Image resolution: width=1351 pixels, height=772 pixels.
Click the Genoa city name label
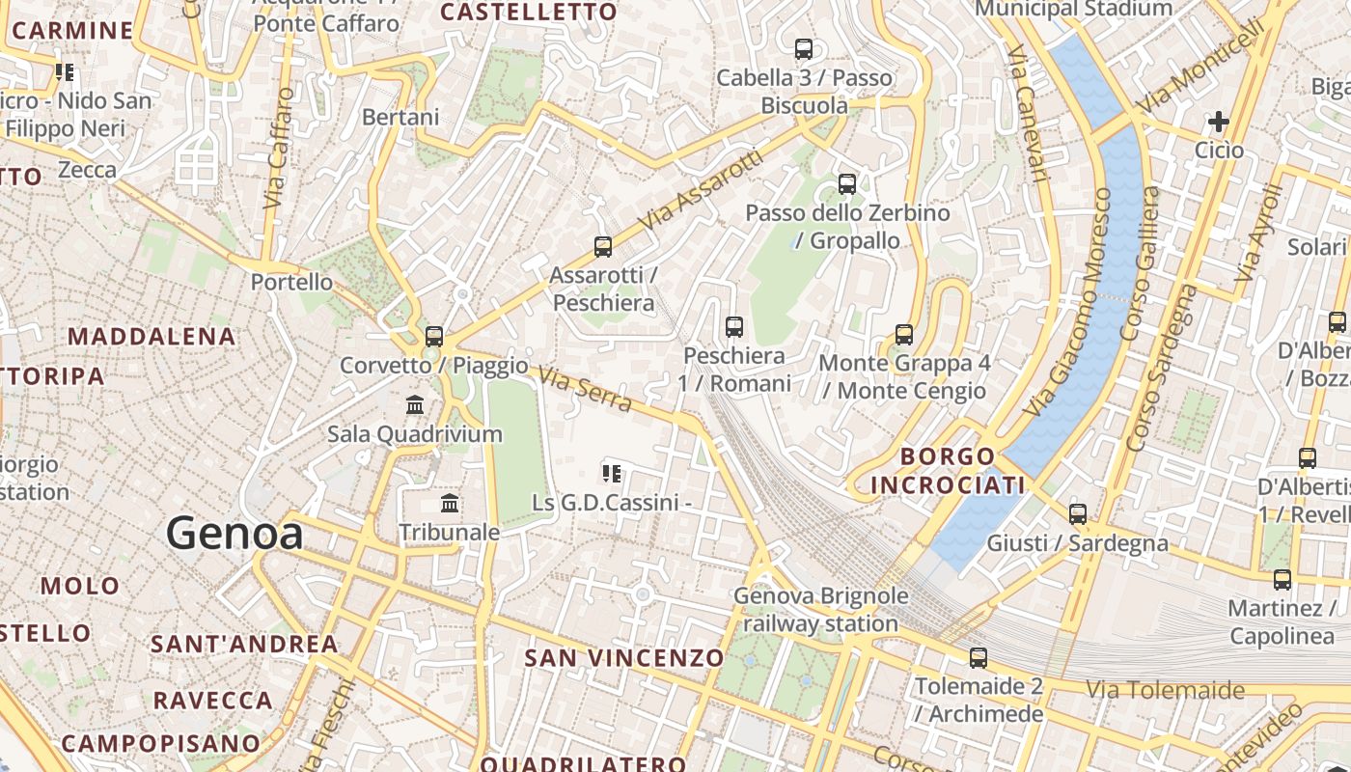click(234, 533)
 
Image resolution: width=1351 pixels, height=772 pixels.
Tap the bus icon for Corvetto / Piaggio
click(434, 336)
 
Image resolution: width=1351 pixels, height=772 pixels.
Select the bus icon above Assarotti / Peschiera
click(603, 246)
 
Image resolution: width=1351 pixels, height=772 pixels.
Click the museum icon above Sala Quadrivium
click(415, 404)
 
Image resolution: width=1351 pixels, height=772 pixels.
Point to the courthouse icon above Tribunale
click(450, 503)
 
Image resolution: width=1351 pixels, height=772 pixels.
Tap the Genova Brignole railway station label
click(820, 609)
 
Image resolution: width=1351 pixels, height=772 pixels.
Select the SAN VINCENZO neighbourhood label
click(623, 658)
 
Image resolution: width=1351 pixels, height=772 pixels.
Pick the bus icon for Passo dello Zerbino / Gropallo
click(847, 183)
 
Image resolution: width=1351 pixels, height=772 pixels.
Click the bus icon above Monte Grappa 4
click(904, 334)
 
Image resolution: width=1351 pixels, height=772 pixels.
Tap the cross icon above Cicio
click(1219, 122)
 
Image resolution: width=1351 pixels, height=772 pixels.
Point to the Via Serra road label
click(585, 389)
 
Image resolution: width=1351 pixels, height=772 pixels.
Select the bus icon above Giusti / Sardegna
click(1078, 513)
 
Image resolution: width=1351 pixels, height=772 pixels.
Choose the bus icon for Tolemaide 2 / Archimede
click(979, 658)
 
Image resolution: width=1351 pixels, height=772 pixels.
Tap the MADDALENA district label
click(152, 337)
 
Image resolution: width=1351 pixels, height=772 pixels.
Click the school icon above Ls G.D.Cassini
click(612, 473)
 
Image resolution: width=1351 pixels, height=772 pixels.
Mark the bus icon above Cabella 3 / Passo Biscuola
click(804, 48)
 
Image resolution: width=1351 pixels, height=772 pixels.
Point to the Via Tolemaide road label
click(1166, 690)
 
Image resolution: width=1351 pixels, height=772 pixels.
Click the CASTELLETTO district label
click(528, 13)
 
